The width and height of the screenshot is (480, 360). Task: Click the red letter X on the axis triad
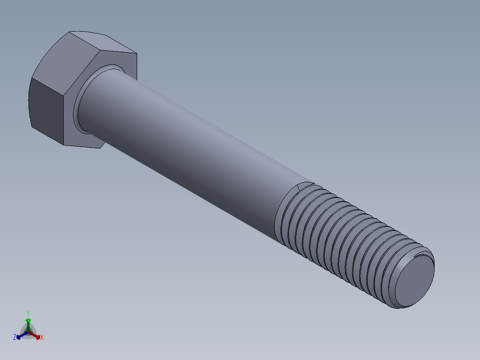42,338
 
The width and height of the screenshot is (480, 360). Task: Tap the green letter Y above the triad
28,313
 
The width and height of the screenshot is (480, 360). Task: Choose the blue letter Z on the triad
15,338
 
